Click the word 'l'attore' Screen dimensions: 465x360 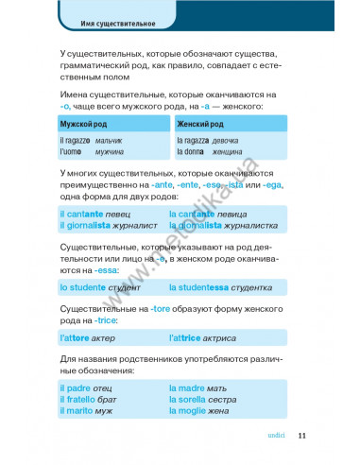click(x=75, y=337)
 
